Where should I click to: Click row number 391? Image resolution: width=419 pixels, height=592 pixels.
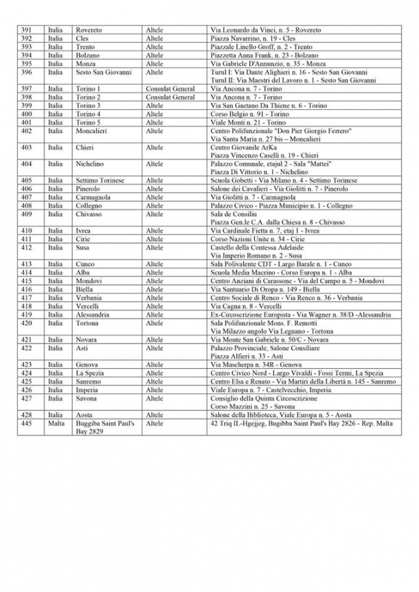pyautogui.click(x=27, y=30)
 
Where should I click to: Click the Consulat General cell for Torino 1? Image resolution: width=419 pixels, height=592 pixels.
pyautogui.click(x=170, y=89)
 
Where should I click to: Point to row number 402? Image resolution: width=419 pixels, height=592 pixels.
pyautogui.click(x=27, y=130)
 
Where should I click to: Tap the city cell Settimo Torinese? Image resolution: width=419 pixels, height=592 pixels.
pyautogui.click(x=100, y=180)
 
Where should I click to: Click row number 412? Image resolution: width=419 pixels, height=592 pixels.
pyautogui.click(x=27, y=247)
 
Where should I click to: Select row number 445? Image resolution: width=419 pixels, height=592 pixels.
pyautogui.click(x=27, y=424)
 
